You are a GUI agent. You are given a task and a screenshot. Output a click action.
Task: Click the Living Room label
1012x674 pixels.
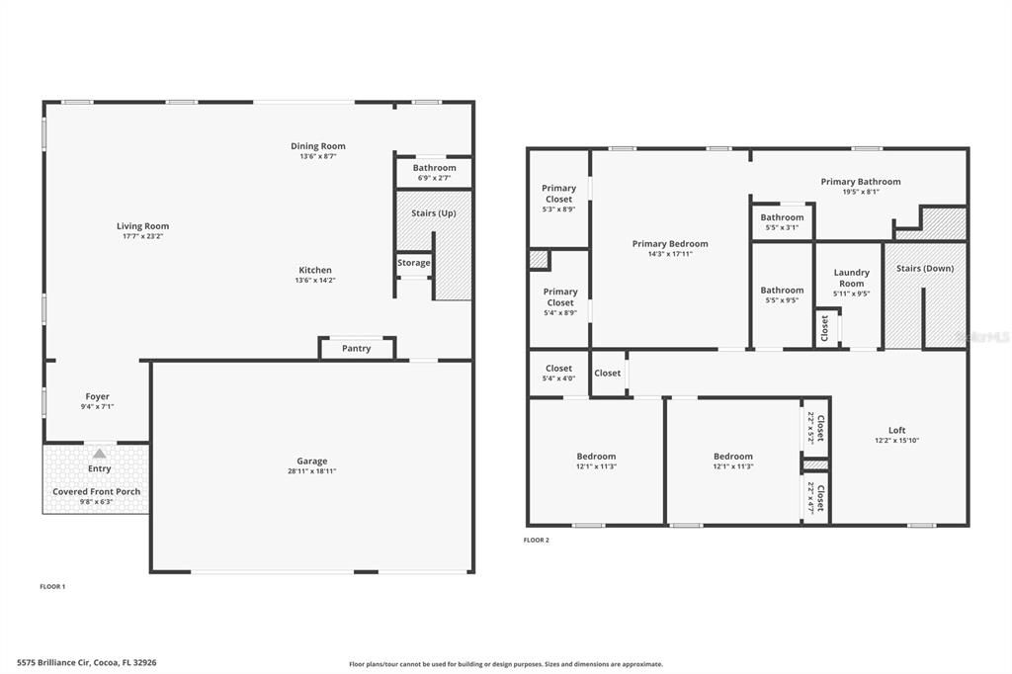coord(142,226)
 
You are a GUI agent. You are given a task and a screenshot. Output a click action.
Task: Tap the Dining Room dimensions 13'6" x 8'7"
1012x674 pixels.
coord(317,156)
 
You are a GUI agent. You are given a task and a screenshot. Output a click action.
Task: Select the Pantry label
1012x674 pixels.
coord(356,349)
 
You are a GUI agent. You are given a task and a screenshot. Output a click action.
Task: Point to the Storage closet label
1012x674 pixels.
coord(414,263)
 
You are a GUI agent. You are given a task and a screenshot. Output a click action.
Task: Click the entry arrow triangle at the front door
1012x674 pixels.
coord(99,454)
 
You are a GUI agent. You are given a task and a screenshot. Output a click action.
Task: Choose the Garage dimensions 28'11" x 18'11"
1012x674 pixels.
coord(311,471)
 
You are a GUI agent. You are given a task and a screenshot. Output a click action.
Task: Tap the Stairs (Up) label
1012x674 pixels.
coord(434,213)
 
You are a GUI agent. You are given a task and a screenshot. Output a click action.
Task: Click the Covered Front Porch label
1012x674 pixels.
coord(96,491)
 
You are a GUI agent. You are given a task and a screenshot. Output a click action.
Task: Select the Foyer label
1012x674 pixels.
coord(98,396)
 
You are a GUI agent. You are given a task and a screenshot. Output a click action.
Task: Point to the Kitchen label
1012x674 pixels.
coord(315,270)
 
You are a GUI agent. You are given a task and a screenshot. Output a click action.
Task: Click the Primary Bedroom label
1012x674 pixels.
coord(670,243)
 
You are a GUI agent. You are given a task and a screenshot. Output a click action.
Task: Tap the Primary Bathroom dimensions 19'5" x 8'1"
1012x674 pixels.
coord(861,192)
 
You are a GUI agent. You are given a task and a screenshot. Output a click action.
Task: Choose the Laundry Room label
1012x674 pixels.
coord(851,278)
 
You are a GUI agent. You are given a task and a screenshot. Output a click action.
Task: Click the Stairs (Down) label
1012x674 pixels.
coord(925,268)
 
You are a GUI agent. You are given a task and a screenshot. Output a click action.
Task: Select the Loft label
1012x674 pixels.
coord(897,430)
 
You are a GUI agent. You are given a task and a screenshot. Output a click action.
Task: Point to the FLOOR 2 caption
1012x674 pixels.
coord(537,541)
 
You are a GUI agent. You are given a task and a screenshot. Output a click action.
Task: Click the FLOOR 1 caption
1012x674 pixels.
coord(53,587)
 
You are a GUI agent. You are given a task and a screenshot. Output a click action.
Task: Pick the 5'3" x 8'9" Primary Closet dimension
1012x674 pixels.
coord(559,210)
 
